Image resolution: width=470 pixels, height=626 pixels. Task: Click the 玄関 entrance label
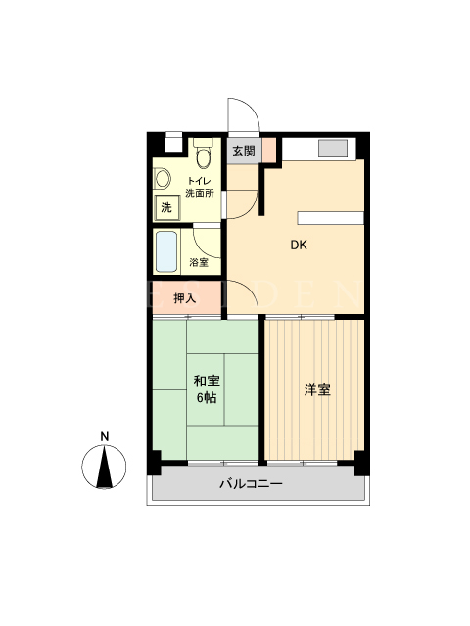click(244, 151)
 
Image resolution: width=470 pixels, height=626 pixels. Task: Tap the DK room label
click(299, 246)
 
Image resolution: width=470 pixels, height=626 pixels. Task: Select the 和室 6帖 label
click(207, 389)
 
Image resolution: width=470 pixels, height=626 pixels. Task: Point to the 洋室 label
click(317, 390)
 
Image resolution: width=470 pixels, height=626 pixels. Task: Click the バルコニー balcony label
click(252, 484)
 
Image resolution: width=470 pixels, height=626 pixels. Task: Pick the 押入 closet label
click(185, 297)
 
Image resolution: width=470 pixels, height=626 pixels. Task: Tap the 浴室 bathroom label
click(199, 262)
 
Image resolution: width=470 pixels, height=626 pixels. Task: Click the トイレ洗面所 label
click(200, 187)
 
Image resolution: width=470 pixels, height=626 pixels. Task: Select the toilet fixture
click(204, 153)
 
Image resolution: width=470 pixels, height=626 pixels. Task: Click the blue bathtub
click(166, 251)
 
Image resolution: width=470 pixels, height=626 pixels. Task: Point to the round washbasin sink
click(163, 178)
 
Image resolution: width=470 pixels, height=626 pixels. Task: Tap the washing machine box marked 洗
click(166, 207)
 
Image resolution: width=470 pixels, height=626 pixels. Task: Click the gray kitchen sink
click(333, 149)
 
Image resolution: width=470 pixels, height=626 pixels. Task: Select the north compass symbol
click(104, 467)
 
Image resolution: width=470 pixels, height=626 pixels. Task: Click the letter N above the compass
click(105, 437)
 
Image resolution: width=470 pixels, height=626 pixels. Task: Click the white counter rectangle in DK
click(331, 218)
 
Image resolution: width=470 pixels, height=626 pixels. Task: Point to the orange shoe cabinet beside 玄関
click(268, 150)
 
